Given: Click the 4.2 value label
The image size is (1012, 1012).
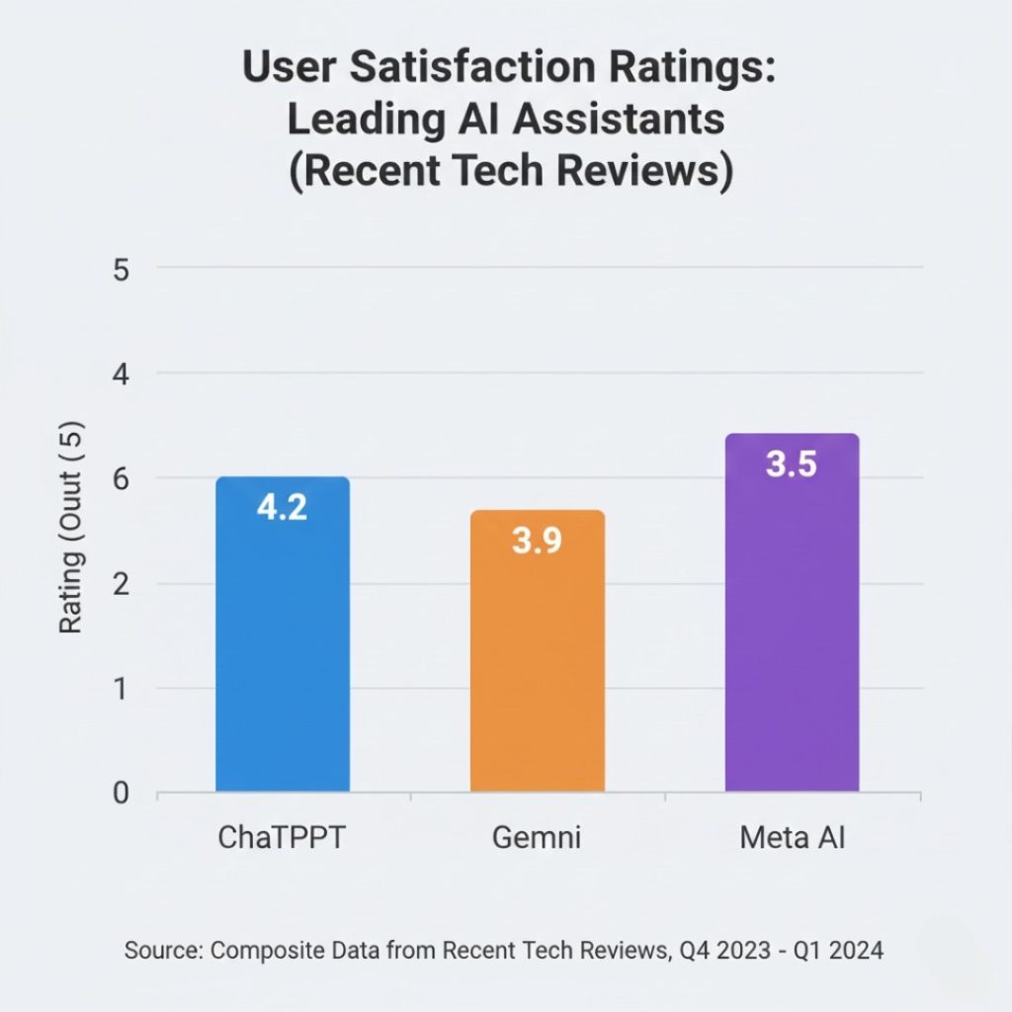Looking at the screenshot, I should coord(282,507).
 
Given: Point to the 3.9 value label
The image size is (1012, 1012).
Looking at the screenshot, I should coord(538,541).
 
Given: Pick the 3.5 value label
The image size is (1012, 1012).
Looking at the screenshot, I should coord(792,464).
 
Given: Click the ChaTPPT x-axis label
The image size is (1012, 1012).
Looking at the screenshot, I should coord(282,838).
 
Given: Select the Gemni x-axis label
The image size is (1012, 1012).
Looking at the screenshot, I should coord(537,838).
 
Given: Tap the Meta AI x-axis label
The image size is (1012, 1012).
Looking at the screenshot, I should coord(793,838).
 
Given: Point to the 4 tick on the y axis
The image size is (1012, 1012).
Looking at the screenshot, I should coord(121,374).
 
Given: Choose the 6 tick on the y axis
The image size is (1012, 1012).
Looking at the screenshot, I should coord(121,478).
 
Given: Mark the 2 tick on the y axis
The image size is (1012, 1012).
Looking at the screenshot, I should coord(121,584).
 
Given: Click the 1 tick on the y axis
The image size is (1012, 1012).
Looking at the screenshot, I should coord(121,689).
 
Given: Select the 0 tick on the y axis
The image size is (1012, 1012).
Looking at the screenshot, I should coord(121,794).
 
